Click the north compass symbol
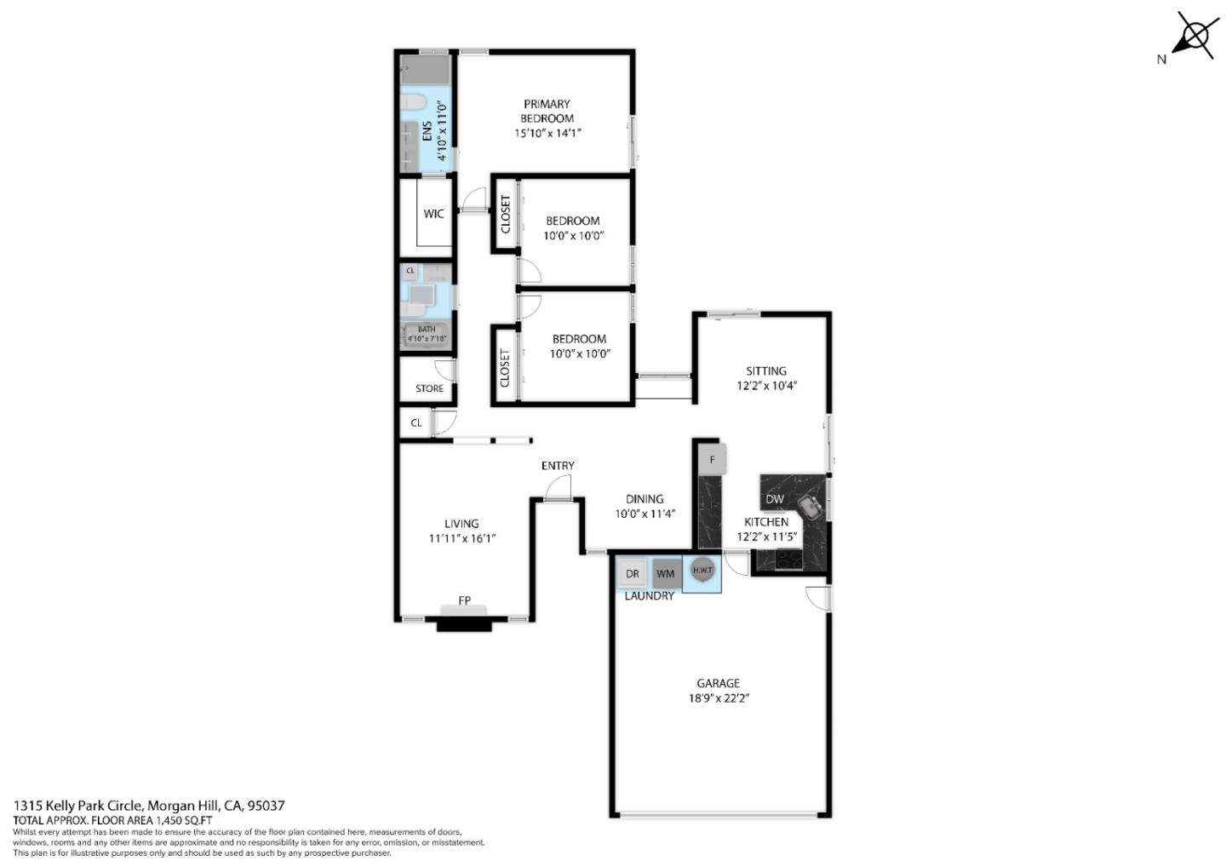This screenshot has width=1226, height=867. (x=1194, y=37)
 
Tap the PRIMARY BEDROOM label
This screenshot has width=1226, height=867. (x=547, y=111)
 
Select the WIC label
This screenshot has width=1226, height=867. (x=433, y=214)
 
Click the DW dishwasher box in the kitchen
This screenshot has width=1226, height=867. (x=775, y=499)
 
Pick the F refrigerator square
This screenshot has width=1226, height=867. (x=712, y=460)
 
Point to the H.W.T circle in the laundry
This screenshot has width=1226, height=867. (x=702, y=571)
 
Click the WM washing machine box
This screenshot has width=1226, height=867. (x=665, y=574)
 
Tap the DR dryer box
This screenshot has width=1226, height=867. (x=632, y=574)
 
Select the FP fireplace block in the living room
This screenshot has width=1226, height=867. (x=464, y=619)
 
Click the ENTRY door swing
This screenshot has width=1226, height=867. (x=559, y=489)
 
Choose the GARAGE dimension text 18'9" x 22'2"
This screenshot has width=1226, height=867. (x=719, y=698)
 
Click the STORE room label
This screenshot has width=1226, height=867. (x=429, y=388)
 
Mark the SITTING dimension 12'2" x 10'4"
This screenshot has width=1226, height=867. (x=766, y=386)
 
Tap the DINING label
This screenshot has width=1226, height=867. (x=644, y=499)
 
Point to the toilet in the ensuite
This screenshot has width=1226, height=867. (x=414, y=103)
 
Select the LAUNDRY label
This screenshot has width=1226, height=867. (x=649, y=596)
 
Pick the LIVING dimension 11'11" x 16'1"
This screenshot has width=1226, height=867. (x=461, y=538)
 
